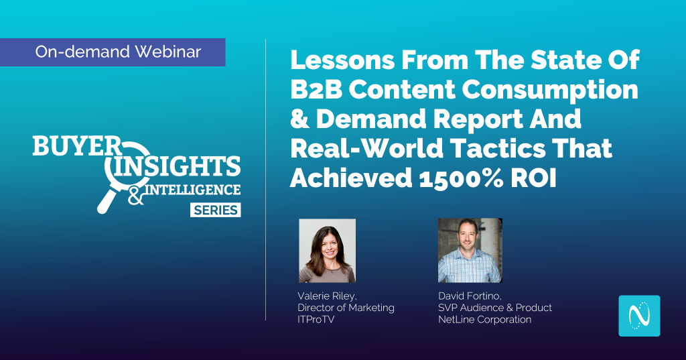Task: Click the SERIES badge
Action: click(216, 210)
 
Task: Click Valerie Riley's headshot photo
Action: click(327, 250)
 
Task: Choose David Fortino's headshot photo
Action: click(470, 250)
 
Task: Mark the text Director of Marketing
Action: click(346, 308)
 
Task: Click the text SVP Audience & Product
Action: click(494, 308)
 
